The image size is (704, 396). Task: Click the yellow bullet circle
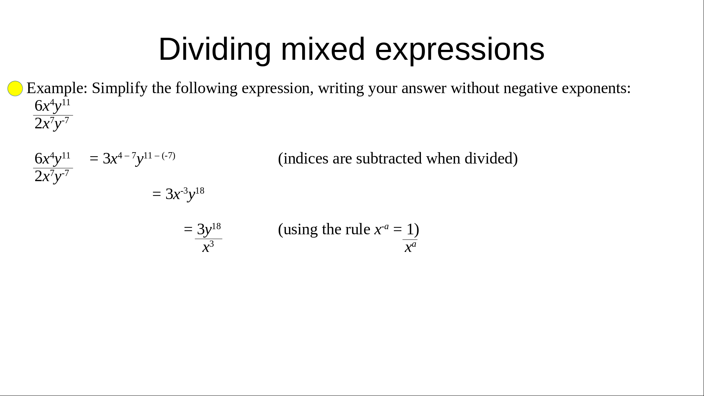click(15, 88)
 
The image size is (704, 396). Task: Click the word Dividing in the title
click(214, 49)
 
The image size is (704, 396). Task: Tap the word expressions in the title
click(460, 49)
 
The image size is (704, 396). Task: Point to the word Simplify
click(120, 88)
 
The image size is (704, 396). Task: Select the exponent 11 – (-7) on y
click(159, 155)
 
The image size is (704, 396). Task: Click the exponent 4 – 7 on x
click(127, 155)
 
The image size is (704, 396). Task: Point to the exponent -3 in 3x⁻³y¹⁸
click(184, 191)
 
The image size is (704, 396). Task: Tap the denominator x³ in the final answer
click(208, 247)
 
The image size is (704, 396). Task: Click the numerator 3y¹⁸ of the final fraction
click(209, 229)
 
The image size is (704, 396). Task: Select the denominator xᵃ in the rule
click(410, 247)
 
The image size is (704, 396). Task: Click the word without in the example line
click(475, 88)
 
